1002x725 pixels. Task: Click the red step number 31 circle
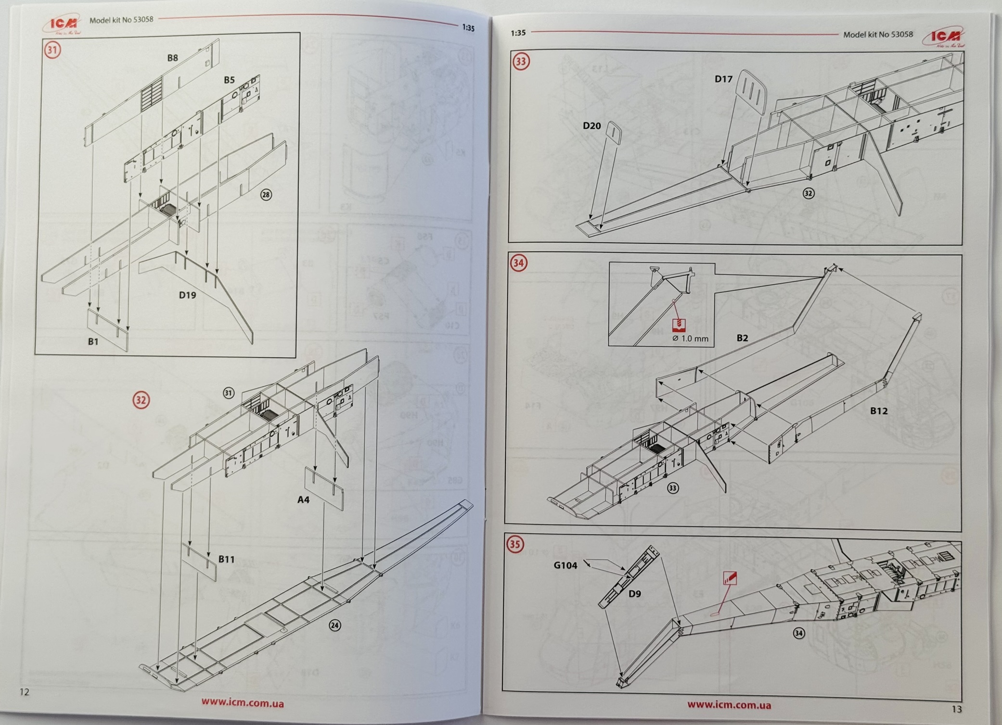52,50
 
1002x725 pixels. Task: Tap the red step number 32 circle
141,400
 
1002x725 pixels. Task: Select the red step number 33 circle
521,62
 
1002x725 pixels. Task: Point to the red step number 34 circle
518,263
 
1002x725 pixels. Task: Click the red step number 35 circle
515,544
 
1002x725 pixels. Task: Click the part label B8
172,58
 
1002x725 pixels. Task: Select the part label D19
187,295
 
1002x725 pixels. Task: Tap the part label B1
93,341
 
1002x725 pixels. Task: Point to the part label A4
303,500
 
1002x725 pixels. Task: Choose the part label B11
226,559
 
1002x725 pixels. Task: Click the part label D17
723,79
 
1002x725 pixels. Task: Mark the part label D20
591,126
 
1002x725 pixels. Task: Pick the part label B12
878,411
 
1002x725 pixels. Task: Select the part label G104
565,565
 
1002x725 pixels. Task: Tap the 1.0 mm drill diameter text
691,338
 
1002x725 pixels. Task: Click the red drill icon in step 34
679,325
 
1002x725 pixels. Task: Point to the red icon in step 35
730,577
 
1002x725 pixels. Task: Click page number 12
25,692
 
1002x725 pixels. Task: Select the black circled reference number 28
266,195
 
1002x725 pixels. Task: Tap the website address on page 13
729,705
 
